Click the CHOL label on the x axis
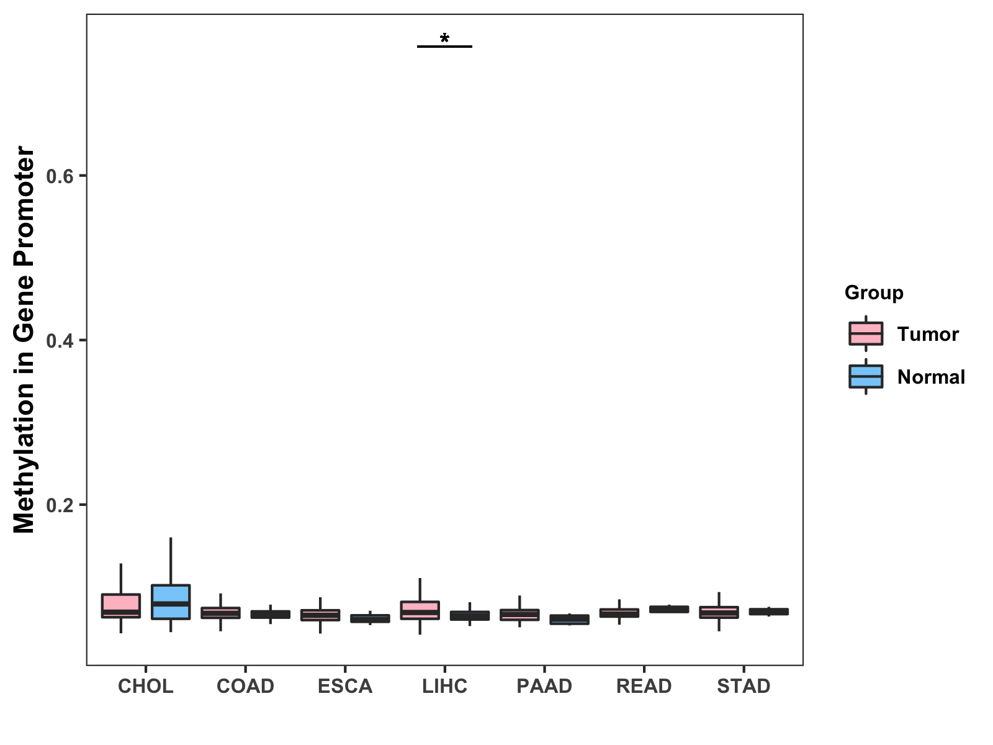coord(145,686)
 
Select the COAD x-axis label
coord(245,686)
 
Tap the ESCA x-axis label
coord(345,686)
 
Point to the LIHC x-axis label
coord(444,686)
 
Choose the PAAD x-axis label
coord(544,686)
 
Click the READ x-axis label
coord(644,686)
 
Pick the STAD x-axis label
coord(744,686)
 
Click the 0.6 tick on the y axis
coord(60,176)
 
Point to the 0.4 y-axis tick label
coord(60,341)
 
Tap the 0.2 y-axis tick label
coord(60,505)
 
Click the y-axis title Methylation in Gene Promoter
coord(25,340)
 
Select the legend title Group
coord(874,292)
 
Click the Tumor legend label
coord(928,334)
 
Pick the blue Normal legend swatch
coord(866,377)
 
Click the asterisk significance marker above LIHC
coord(444,39)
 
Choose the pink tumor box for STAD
coord(719,612)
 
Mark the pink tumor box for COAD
coord(220,613)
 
